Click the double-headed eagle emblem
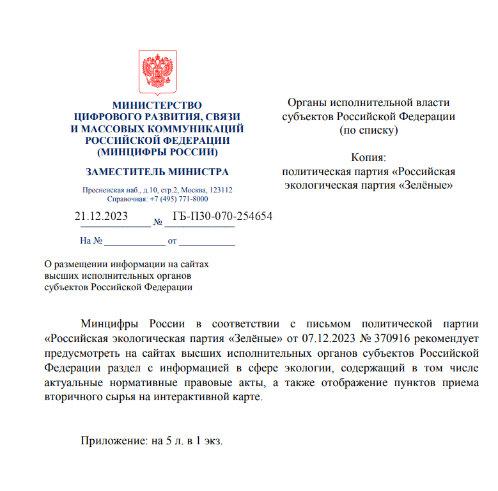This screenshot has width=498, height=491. click(158, 74)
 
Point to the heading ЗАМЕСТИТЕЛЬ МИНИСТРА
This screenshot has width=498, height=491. click(157, 172)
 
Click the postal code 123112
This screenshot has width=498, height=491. click(221, 190)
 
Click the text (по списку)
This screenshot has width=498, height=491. click(368, 130)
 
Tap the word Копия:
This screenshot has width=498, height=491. click(369, 157)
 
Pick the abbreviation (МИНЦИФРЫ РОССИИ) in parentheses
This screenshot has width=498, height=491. click(157, 152)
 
